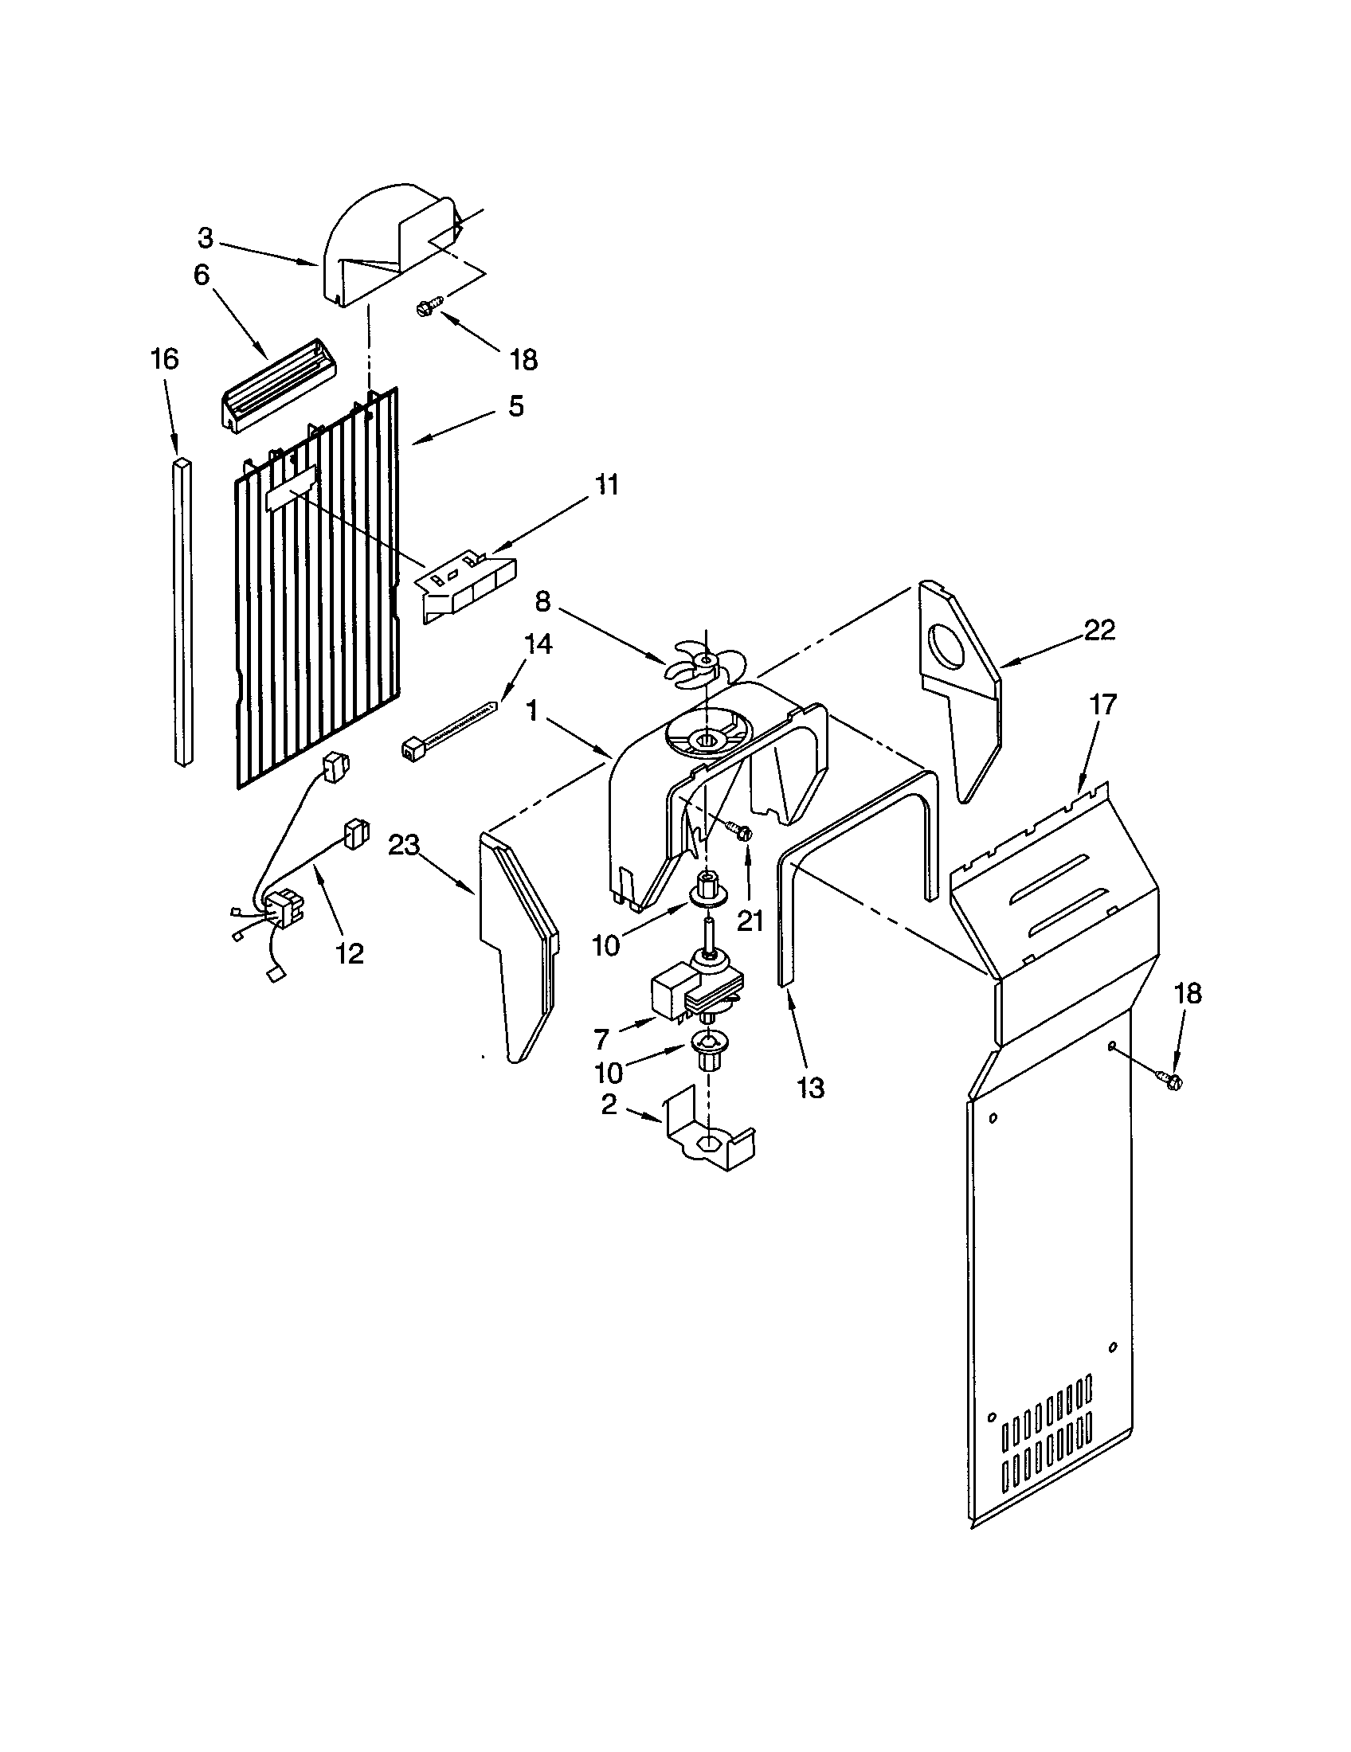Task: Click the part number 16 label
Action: click(164, 359)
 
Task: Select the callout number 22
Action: click(1099, 631)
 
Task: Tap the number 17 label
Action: click(1103, 705)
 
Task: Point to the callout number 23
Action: click(404, 845)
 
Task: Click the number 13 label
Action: click(810, 1088)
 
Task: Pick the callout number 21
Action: click(750, 921)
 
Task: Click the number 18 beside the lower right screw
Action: click(1188, 993)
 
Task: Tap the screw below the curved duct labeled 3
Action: click(430, 305)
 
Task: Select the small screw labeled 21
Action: click(740, 833)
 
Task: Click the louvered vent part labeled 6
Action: click(276, 387)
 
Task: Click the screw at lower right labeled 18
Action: click(1171, 1081)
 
